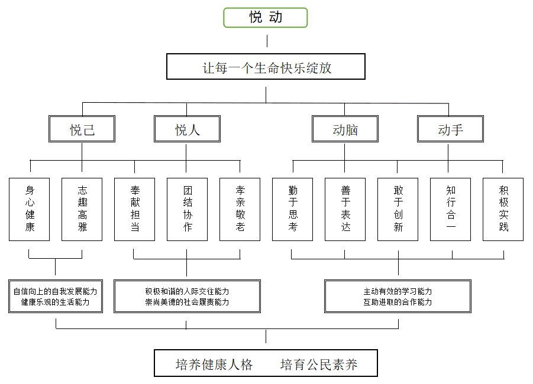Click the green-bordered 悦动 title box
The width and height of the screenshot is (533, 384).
coord(266,18)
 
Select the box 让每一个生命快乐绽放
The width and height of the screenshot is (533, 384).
coord(266,67)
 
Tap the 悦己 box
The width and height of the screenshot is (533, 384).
coord(82,129)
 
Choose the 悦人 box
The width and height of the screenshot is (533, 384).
coord(187,129)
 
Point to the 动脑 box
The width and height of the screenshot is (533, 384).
coord(345,129)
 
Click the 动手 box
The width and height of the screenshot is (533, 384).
coord(450,129)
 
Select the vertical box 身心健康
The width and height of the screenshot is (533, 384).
coord(30,209)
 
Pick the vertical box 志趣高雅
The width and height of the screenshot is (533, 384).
coord(82,209)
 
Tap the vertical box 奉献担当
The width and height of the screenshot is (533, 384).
coord(134,209)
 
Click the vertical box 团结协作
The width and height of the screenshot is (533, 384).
coord(187,209)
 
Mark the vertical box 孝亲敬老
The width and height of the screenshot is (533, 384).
coord(240,209)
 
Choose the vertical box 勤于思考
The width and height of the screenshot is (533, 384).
coord(292,209)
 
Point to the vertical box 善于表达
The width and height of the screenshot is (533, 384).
coord(345,209)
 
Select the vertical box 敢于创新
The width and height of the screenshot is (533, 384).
coord(398,209)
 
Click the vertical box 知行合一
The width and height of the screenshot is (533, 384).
coord(450,209)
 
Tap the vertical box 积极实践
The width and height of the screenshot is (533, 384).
coord(503,209)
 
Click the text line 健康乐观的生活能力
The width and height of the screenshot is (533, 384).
coord(56,302)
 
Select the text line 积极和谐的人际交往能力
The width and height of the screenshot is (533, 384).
coord(187,291)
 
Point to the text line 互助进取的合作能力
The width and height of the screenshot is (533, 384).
coord(398,302)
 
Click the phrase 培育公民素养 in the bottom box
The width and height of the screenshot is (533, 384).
coord(319,365)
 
